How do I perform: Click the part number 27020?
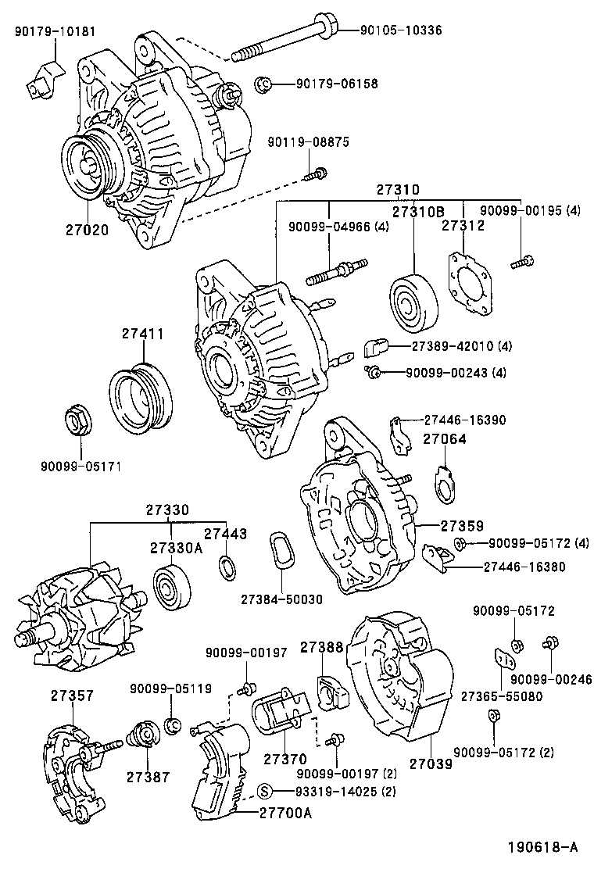(x=87, y=231)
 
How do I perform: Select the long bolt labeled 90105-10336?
(x=281, y=39)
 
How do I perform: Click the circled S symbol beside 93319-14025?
(x=264, y=790)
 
